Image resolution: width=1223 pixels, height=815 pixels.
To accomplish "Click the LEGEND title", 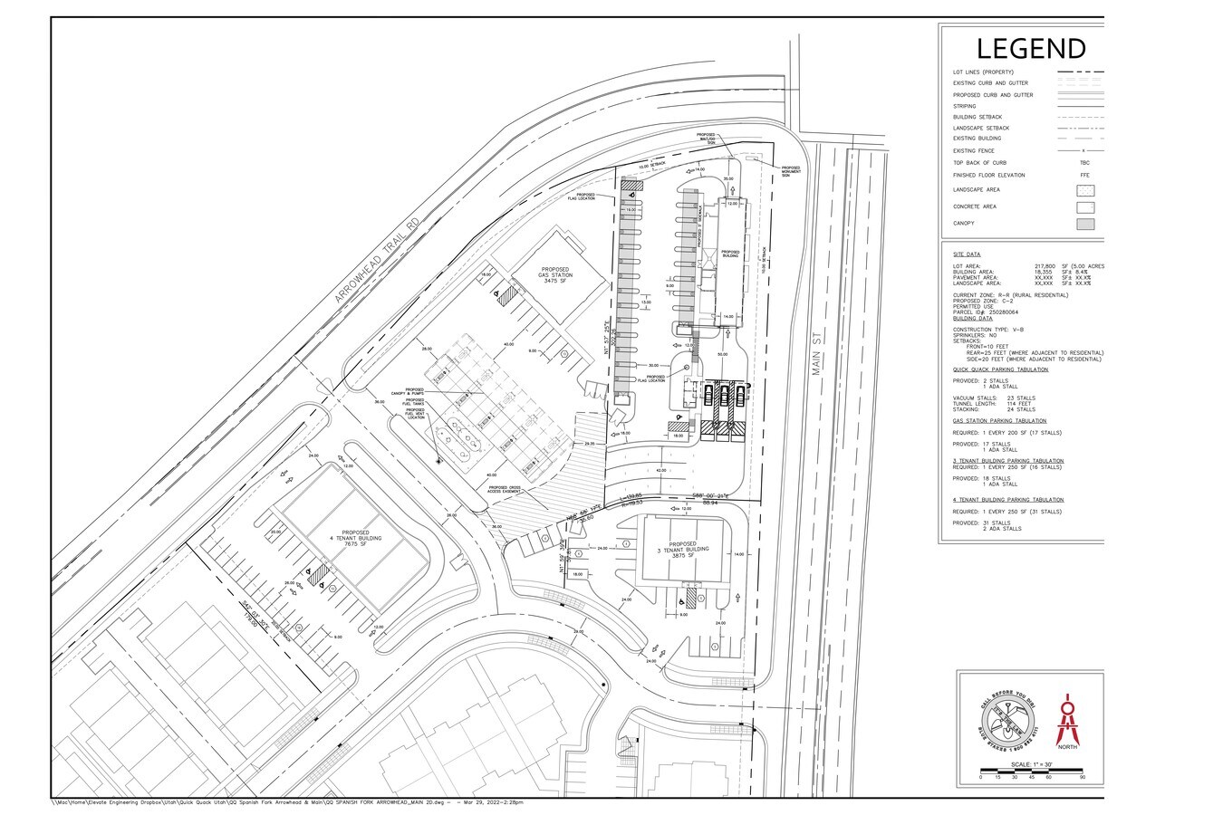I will coord(1030,48).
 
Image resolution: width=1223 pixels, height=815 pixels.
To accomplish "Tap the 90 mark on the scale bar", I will coord(1082,778).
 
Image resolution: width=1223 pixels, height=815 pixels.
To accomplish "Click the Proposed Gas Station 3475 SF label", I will coord(554,275).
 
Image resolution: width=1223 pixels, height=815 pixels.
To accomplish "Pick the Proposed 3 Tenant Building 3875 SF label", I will coord(681,550).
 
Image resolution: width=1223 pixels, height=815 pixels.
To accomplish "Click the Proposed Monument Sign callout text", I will coord(791,170).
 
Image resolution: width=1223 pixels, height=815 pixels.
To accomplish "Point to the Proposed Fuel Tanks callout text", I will coord(414,403).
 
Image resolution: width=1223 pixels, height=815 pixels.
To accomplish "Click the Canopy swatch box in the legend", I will coord(1085,224).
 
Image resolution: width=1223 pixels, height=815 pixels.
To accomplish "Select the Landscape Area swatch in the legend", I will coord(1085,190).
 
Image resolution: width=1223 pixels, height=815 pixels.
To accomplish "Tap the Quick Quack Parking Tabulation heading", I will coord(1000,369).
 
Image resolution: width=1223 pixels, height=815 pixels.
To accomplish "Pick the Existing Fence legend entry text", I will coord(974,150).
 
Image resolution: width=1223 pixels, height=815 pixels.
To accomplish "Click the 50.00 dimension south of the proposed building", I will coord(722,355).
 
